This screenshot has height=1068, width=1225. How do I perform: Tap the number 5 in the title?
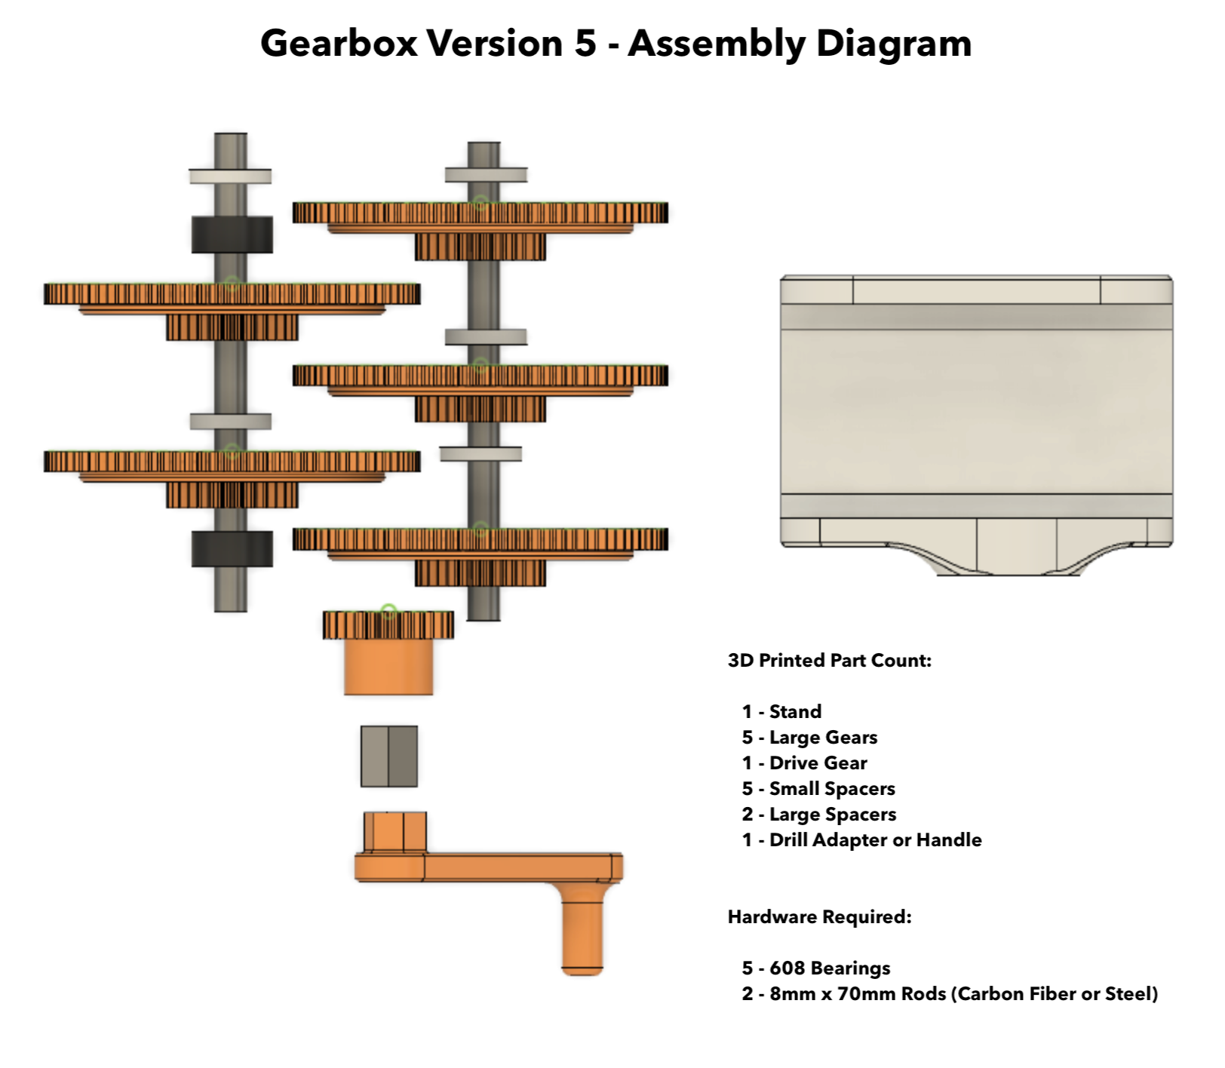585,43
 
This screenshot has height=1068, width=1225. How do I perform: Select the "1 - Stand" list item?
781,711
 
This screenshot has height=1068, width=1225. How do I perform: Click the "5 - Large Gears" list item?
809,737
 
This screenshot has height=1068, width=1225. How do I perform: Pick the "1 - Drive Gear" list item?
804,763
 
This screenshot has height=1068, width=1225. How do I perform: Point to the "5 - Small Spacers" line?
818,789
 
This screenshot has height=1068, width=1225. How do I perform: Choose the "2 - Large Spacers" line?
819,815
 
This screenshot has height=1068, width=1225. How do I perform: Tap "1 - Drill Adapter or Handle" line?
861,839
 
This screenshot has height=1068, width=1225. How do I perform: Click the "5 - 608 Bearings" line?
816,968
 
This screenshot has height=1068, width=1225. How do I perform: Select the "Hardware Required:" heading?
820,916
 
